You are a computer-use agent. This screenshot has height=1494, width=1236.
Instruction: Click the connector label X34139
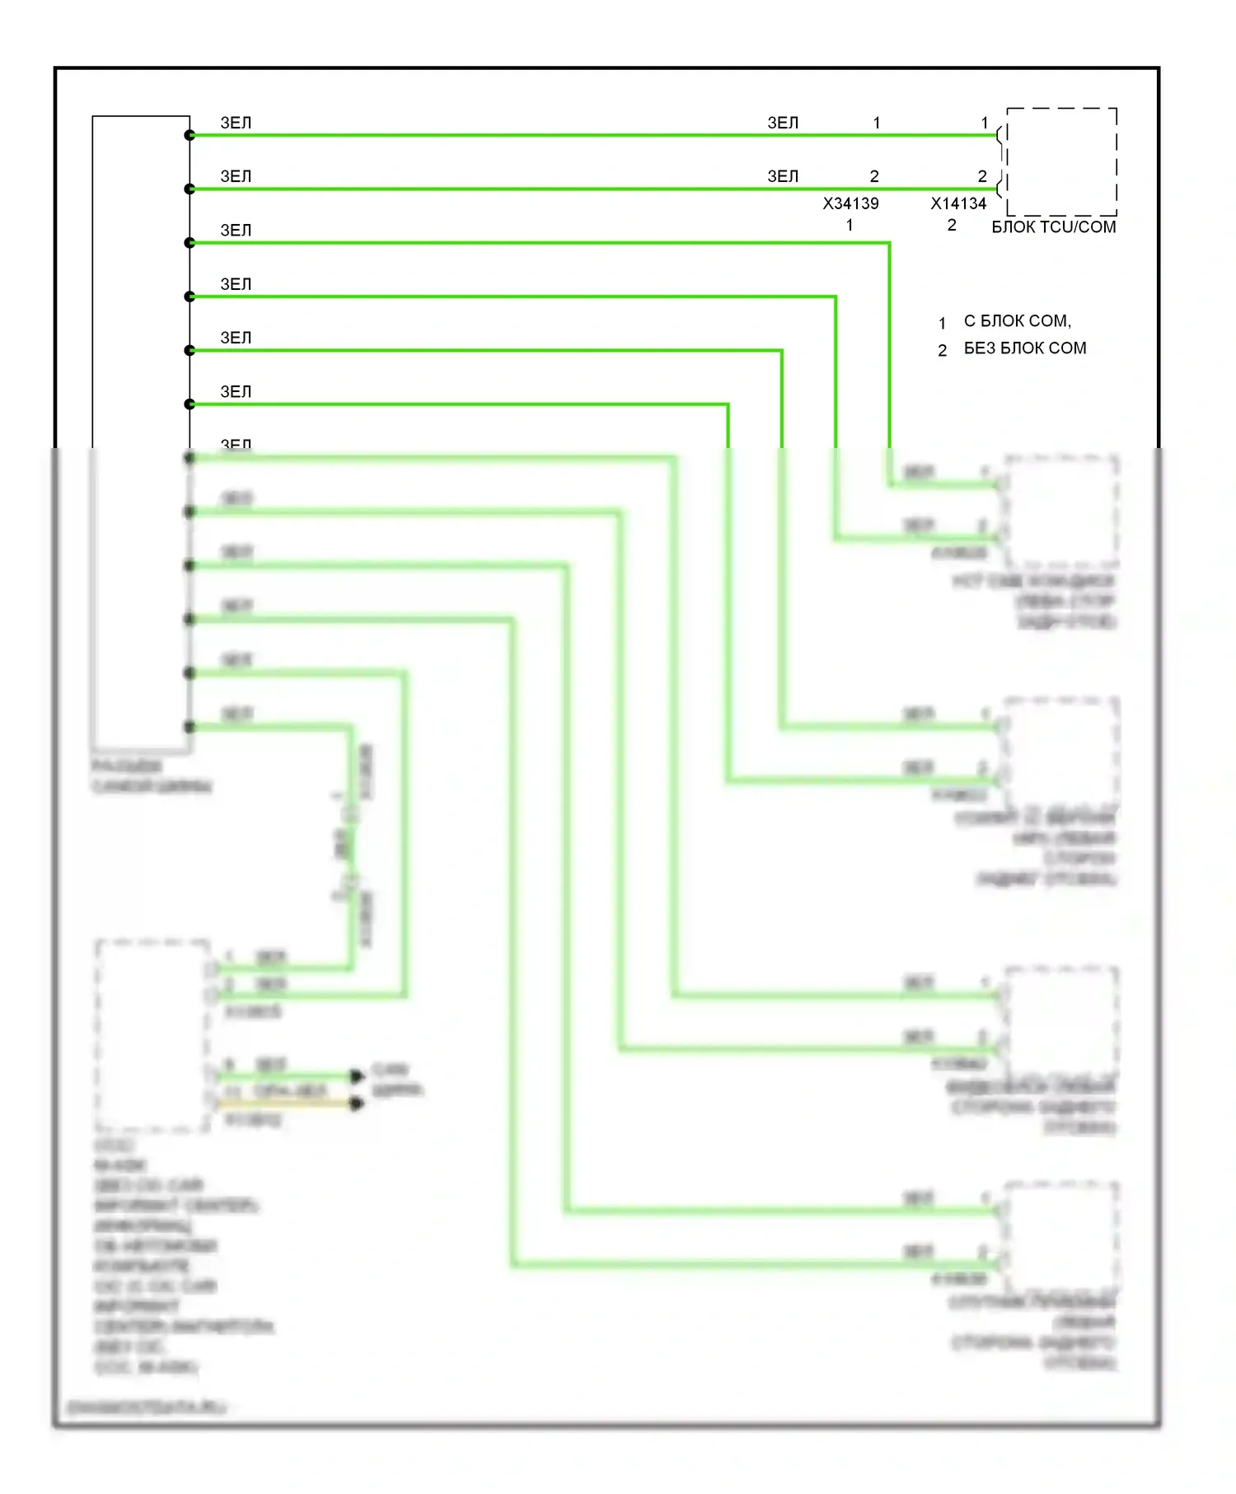click(x=850, y=203)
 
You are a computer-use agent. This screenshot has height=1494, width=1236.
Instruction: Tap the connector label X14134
click(x=958, y=203)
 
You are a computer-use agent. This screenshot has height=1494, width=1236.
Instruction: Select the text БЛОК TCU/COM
click(x=1053, y=227)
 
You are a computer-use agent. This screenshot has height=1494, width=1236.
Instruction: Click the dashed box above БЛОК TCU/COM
click(x=1061, y=161)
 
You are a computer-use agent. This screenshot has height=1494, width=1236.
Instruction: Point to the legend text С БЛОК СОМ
click(x=1017, y=321)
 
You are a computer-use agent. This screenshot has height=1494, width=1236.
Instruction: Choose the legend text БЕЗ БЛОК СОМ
click(x=1024, y=348)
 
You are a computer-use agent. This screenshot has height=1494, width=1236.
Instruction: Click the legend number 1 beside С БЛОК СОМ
click(x=942, y=323)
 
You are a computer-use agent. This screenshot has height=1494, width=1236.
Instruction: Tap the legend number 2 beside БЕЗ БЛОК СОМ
click(x=942, y=350)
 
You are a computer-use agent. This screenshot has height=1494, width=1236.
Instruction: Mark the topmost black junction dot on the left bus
click(x=190, y=135)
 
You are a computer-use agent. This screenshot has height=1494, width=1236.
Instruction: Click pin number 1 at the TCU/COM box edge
click(x=984, y=123)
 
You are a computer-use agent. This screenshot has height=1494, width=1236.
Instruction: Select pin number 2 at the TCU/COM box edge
click(x=982, y=176)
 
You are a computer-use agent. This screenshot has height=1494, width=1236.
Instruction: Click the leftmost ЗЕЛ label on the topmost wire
click(x=236, y=123)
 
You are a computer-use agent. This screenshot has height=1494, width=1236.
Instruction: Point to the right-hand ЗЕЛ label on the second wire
click(x=783, y=176)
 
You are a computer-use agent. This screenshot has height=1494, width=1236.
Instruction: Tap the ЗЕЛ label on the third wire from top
click(x=236, y=231)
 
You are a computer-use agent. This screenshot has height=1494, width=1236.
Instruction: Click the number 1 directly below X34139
click(x=850, y=225)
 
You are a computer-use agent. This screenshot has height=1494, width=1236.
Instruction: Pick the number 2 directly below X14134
click(x=952, y=225)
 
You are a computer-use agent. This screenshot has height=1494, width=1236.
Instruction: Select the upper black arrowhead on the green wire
click(x=357, y=1076)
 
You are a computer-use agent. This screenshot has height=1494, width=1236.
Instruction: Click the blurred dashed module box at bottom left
click(x=153, y=1035)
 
